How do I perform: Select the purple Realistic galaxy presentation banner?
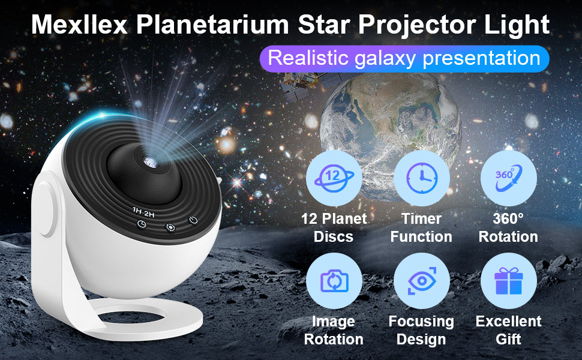[x=404, y=59]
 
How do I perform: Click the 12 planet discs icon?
[x=334, y=178]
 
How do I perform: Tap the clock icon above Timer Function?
[x=422, y=178]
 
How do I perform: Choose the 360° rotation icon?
[x=508, y=178]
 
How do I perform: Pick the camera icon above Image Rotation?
[x=334, y=281]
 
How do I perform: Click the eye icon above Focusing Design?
[x=422, y=281]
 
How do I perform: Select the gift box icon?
[x=508, y=281]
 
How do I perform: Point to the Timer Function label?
[x=422, y=227]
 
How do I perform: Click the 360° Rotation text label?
[x=508, y=227]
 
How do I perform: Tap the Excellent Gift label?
[x=508, y=330]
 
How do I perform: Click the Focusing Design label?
[x=422, y=330]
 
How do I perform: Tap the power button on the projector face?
[x=193, y=220]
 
